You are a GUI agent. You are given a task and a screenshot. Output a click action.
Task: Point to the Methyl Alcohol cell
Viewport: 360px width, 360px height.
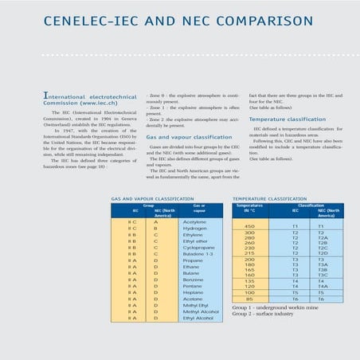pos(200,311)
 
